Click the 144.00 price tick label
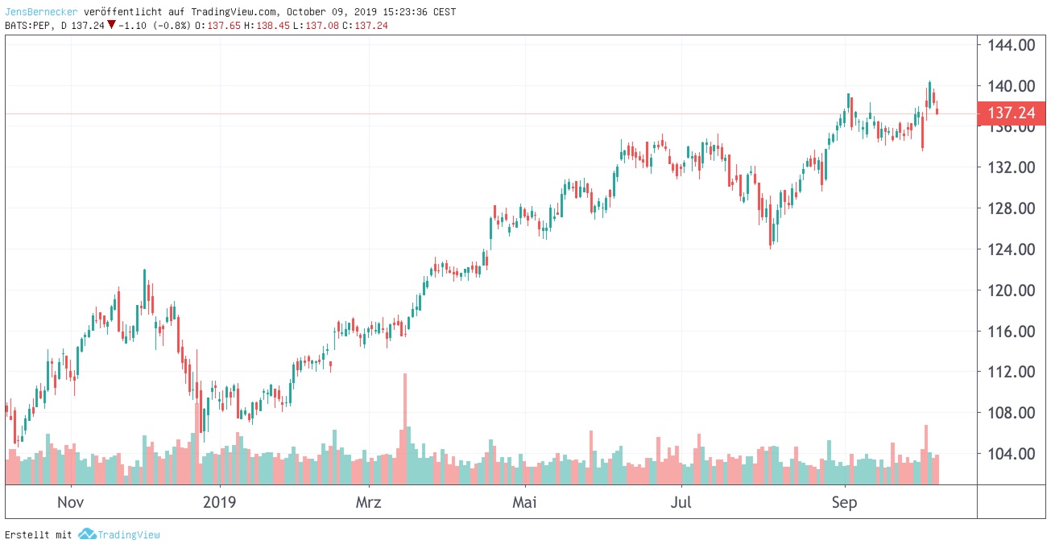pos(1012,45)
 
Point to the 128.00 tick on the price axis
pos(1012,208)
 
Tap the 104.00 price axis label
pos(1012,454)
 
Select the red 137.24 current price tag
pos(1012,113)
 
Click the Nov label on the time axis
pos(71,503)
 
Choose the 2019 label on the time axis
pos(219,503)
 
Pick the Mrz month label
pos(368,503)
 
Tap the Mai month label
pos(524,503)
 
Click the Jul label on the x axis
pos(681,503)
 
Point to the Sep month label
pos(845,503)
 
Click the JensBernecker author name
pos(41,12)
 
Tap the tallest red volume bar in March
pos(405,428)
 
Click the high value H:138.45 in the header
pos(268,25)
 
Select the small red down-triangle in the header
pos(111,25)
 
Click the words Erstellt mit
pos(39,534)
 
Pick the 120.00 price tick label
pos(1012,290)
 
